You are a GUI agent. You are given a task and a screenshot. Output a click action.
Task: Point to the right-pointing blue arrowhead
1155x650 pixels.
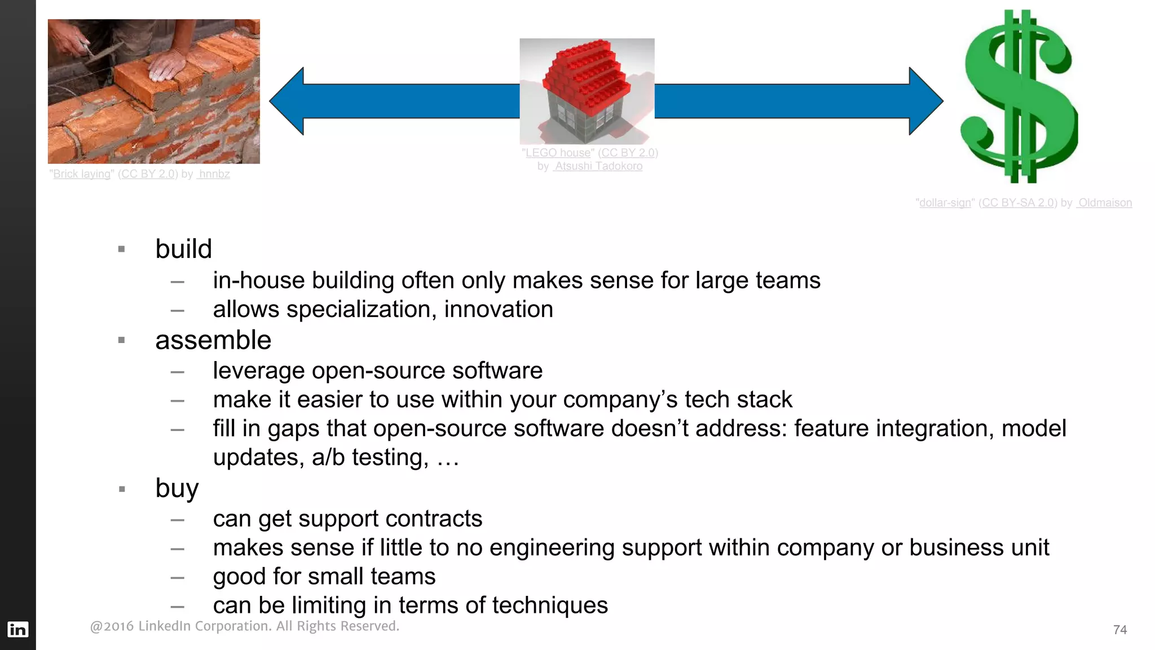[x=925, y=102]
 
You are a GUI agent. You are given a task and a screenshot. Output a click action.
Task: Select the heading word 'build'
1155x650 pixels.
[x=183, y=249]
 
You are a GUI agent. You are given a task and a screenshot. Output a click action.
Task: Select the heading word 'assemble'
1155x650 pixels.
[x=213, y=340]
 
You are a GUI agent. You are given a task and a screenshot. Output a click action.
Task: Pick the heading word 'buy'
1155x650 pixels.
[x=177, y=488]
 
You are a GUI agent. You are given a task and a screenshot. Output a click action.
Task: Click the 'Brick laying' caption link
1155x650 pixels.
[x=82, y=174]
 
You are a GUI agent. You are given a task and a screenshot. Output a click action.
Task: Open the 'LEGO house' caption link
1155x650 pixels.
[x=558, y=153]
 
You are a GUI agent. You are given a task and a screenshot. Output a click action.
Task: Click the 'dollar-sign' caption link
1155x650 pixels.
[x=945, y=203]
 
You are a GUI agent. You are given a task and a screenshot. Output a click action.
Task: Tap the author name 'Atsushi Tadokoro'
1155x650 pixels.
[x=598, y=166]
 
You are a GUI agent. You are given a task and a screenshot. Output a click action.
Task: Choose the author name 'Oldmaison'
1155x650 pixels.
[x=1105, y=203]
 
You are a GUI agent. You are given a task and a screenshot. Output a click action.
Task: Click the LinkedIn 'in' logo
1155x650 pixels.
[x=17, y=629]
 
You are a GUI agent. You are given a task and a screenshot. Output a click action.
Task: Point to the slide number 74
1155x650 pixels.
[x=1120, y=630]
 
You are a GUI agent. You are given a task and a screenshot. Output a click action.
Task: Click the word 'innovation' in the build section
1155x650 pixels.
[x=499, y=310]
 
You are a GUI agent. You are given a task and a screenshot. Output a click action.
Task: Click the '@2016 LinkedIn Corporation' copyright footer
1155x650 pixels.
[x=244, y=626]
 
